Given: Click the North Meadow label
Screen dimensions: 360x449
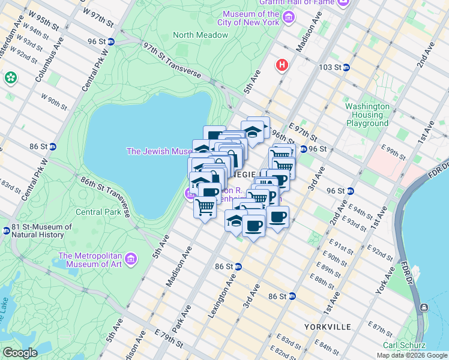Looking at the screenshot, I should pos(200,35).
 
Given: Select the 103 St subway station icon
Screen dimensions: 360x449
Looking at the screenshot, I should pos(346,67).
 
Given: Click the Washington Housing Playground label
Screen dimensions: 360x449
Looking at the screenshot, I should pos(367,115).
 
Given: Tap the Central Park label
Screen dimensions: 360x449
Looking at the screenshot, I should pos(98,212).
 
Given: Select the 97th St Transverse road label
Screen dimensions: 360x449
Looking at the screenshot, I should pos(172,60).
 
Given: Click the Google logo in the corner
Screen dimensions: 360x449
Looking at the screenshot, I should pos(20,353).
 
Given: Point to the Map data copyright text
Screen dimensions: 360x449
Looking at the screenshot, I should pos(412,355).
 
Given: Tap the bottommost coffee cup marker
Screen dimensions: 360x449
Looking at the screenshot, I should pos(253,226).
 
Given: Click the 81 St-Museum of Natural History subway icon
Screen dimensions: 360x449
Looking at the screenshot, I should pos(6,229).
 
